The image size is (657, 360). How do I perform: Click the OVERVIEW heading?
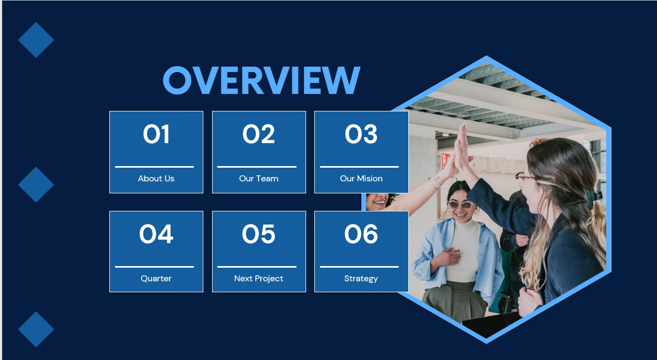pos(261,80)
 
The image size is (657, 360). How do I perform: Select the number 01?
pos(156,134)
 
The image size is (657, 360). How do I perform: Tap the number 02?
pos(259,134)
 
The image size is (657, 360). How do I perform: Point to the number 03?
pos(361,134)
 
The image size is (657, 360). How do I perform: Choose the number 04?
pos(156,234)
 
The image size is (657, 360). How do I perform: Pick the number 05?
pos(259,234)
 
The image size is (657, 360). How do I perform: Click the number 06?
pos(361,234)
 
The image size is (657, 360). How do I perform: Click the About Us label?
pos(156,179)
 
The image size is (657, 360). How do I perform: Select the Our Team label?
pos(259,179)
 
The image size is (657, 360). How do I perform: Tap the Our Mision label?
pos(361,179)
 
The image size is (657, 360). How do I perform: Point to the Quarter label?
pos(156,279)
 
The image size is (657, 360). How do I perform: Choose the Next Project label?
pos(259,279)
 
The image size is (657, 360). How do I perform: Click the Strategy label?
pos(361,279)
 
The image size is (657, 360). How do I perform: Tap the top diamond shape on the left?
pos(36,40)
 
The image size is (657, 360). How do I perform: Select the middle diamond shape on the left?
pos(36,185)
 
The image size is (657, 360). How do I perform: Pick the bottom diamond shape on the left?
pos(36,329)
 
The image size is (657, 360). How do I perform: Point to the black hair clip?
pos(591,197)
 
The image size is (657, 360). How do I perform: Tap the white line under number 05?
pos(257,267)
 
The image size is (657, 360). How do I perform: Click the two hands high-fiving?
pos(461,151)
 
